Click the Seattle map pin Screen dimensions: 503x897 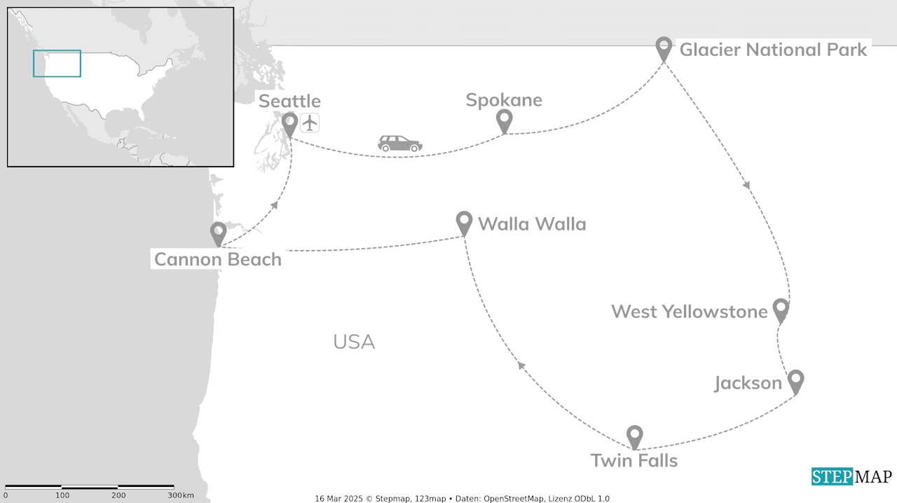pos(289,124)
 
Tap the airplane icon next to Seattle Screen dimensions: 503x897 pos(310,122)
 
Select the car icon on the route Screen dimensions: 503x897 pos(400,144)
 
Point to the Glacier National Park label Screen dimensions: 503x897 pos(773,50)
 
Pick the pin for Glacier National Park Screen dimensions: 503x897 pos(664,48)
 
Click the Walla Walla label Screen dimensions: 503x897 pos(532,224)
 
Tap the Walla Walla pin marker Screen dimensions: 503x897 pos(464,222)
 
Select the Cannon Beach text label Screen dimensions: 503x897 pos(218,259)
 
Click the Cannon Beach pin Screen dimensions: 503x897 pos(219,233)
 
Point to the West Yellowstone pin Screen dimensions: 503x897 pos(781,309)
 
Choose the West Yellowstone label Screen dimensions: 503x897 pos(690,311)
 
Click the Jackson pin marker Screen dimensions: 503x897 pos(795,381)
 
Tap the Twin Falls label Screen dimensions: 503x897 pos(634,460)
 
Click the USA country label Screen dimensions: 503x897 pos(354,342)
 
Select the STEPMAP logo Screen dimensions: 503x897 pos(851,476)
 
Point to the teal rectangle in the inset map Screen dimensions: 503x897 pos(57,63)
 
